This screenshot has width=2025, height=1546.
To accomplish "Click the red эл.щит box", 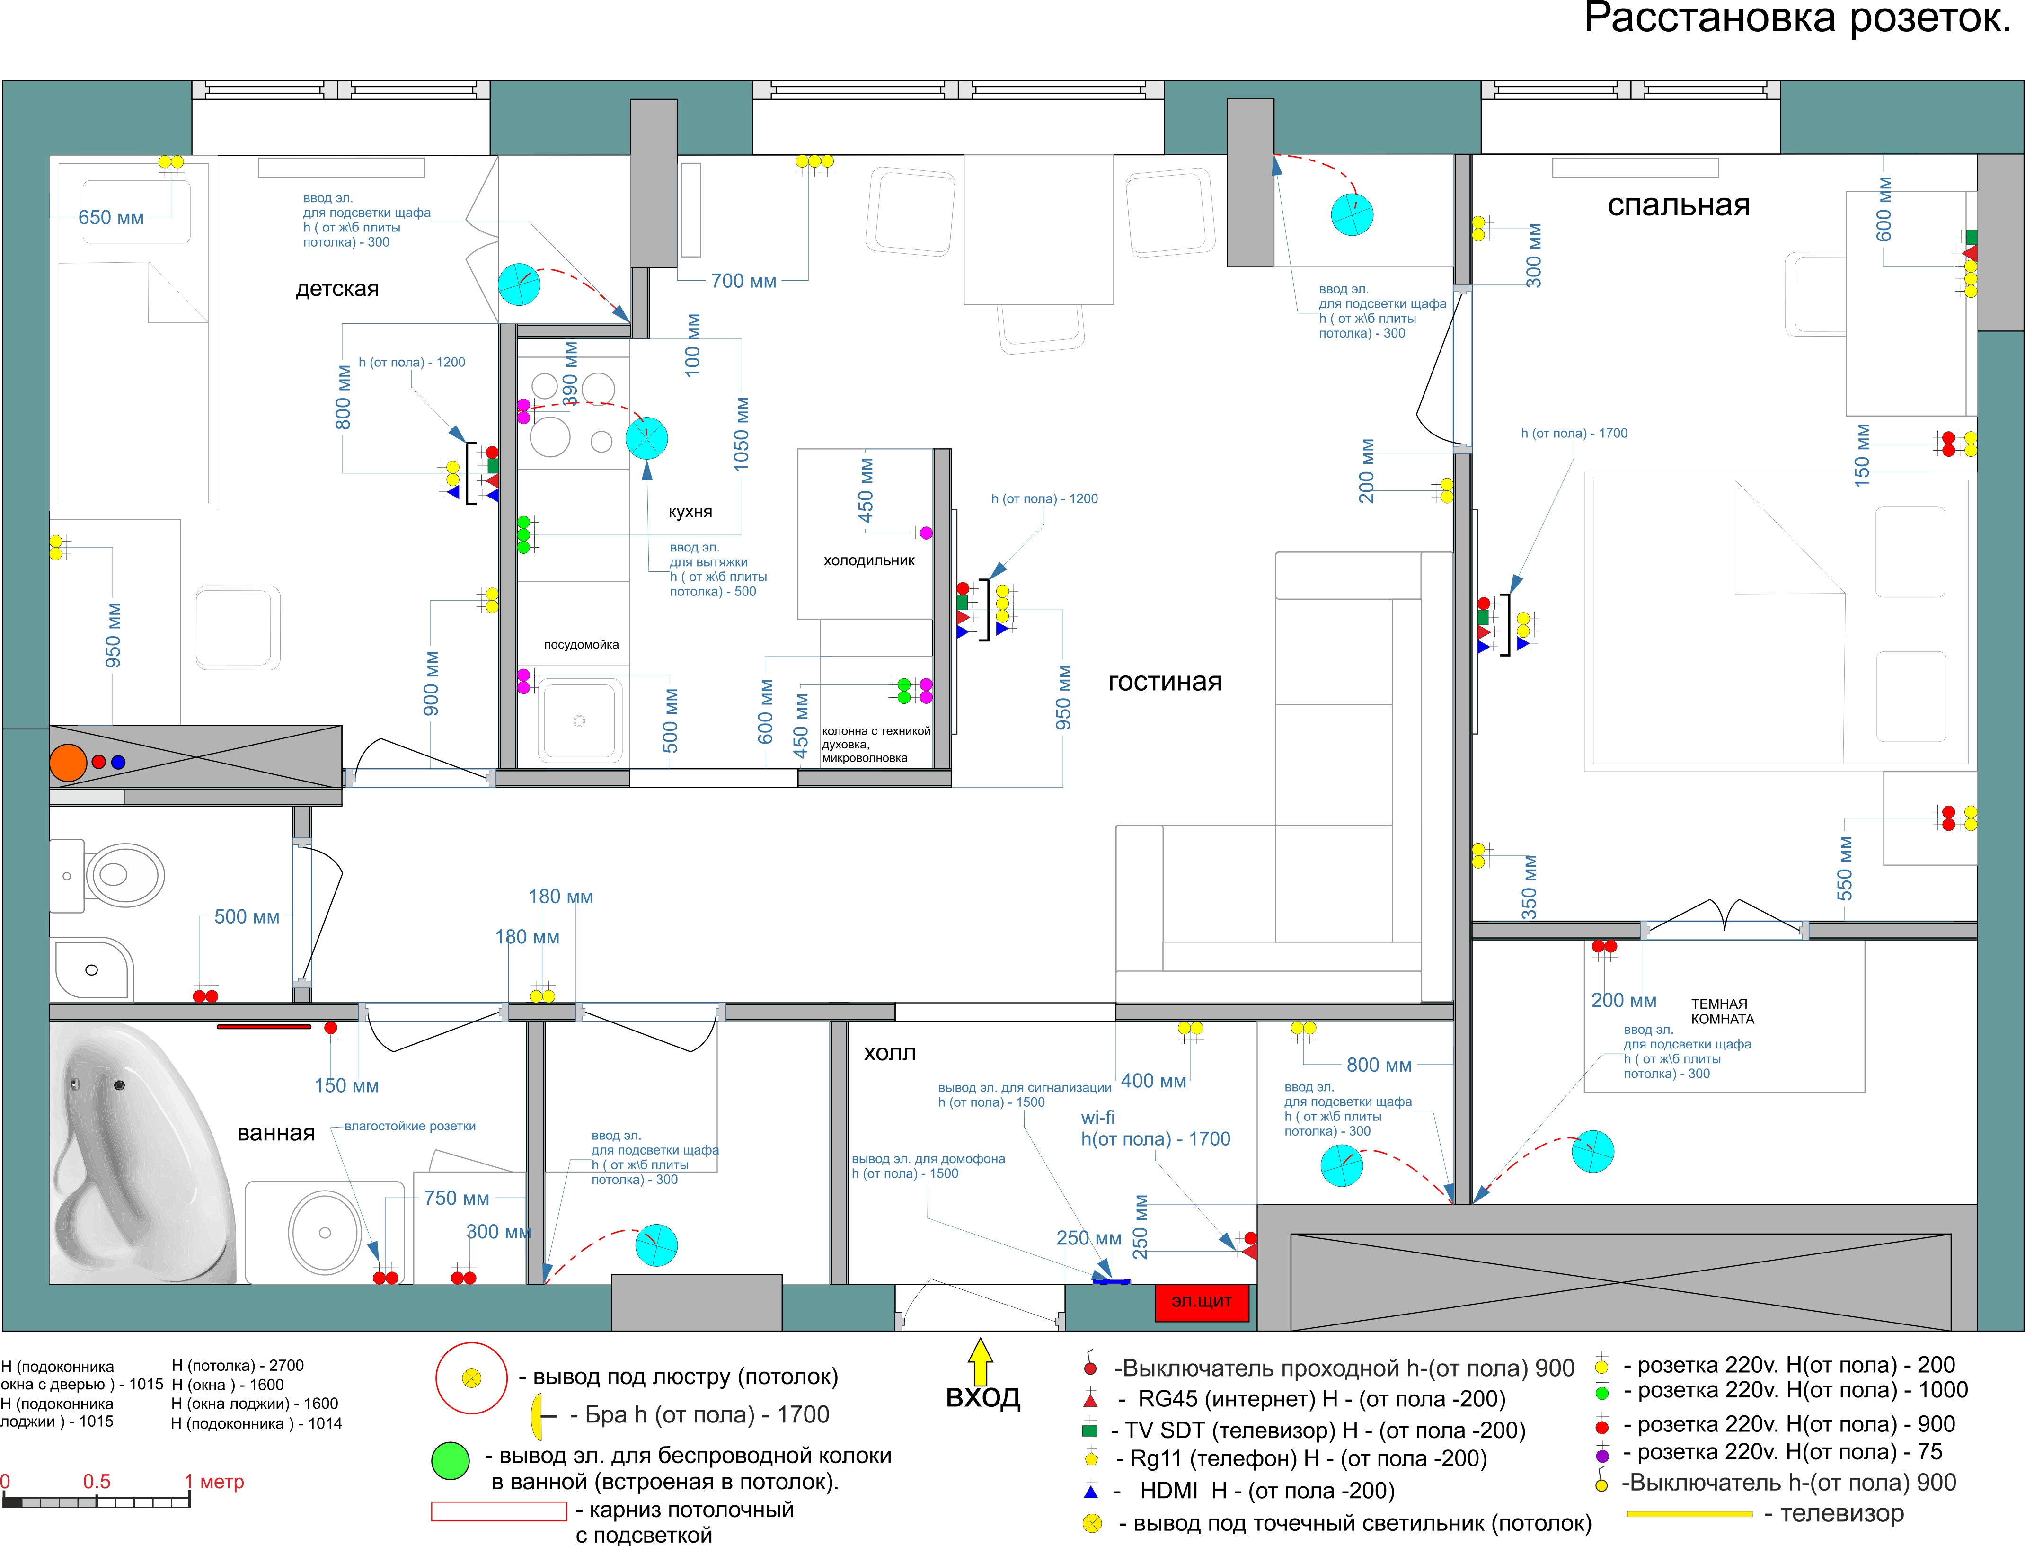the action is pos(1202,1301).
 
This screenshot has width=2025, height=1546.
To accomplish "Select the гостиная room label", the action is pos(1165,682).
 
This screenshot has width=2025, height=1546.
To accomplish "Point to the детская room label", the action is pos(337,289).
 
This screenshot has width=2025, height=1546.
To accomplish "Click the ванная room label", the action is pos(276,1133).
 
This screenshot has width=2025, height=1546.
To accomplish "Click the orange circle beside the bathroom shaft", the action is pos(68,763).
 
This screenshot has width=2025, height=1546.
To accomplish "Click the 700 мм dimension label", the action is pos(743,281).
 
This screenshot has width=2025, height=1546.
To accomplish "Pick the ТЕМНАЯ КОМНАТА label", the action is pos(1722,1012).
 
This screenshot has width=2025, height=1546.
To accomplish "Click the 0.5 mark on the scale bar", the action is pos(97,1482).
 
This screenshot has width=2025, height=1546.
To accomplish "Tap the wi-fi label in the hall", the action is pos(1097,1117).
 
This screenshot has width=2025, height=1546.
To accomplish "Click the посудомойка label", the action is pos(582,644).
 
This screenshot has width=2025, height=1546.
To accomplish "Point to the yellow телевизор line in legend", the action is pos(1689,1514).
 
